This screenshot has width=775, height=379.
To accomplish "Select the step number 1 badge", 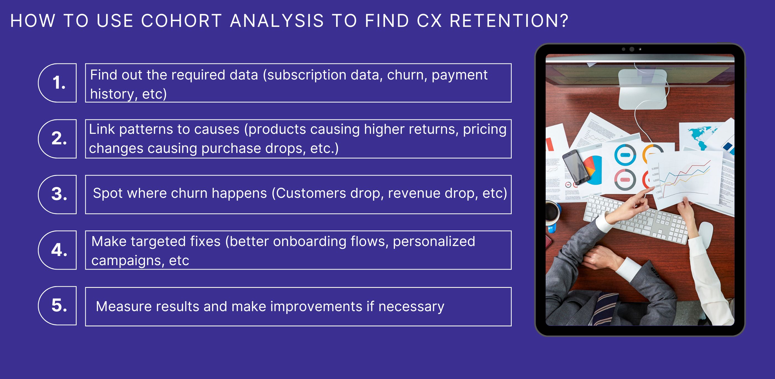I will click(58, 83).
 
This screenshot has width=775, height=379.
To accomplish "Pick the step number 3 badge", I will click(58, 194).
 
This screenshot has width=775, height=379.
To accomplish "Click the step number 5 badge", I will click(58, 306).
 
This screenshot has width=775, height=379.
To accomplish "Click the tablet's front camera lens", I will click(632, 49).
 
